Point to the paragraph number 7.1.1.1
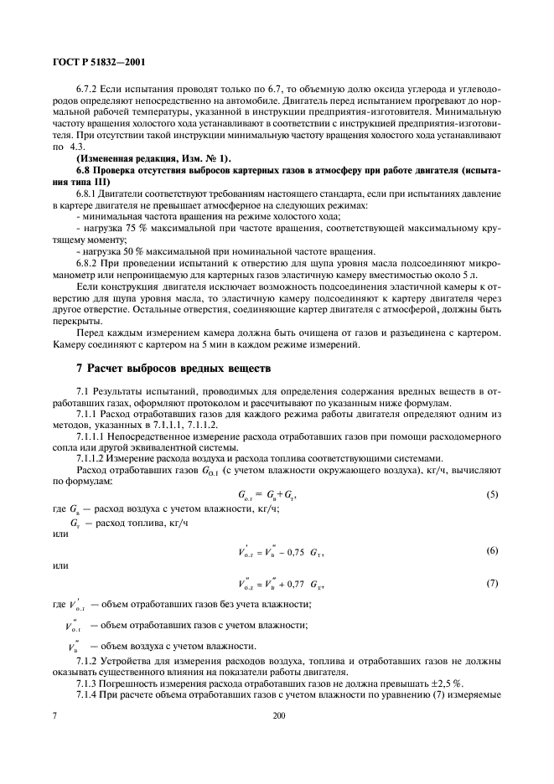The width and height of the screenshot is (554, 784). pyautogui.click(x=94, y=436)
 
